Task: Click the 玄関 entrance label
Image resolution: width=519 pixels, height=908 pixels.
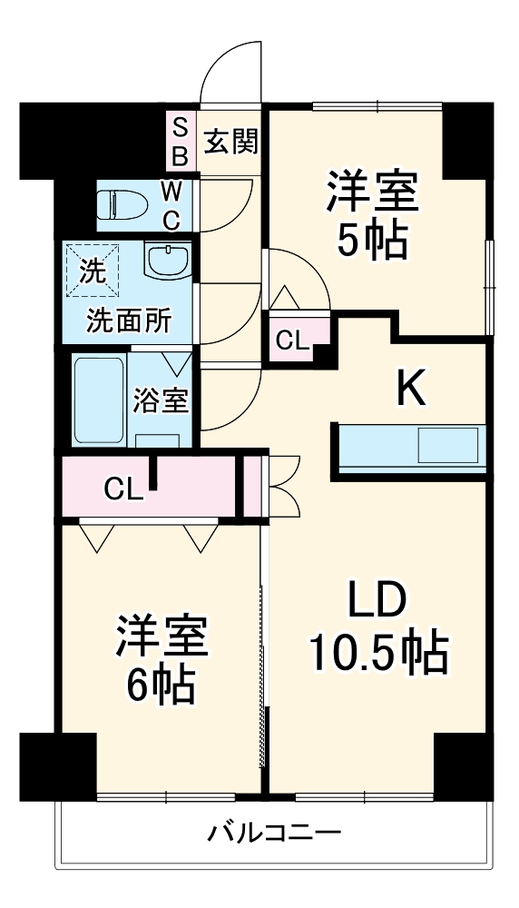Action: [x=231, y=141]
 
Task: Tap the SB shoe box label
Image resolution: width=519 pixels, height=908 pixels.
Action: [x=180, y=141]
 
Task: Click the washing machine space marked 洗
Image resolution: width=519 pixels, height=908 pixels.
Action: [x=92, y=269]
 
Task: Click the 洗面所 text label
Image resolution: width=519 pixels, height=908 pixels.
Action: [x=126, y=321]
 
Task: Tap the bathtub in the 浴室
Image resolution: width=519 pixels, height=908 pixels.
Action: [x=97, y=398]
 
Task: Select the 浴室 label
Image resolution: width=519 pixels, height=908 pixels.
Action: [x=161, y=400]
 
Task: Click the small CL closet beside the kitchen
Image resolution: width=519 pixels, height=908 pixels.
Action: [x=292, y=340]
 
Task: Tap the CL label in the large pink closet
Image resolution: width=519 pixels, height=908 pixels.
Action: [x=122, y=489]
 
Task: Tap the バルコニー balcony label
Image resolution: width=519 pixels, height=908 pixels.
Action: [x=273, y=831]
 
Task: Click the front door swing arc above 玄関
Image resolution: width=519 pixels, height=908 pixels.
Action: [x=232, y=68]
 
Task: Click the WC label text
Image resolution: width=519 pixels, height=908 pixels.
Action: [x=171, y=204]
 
